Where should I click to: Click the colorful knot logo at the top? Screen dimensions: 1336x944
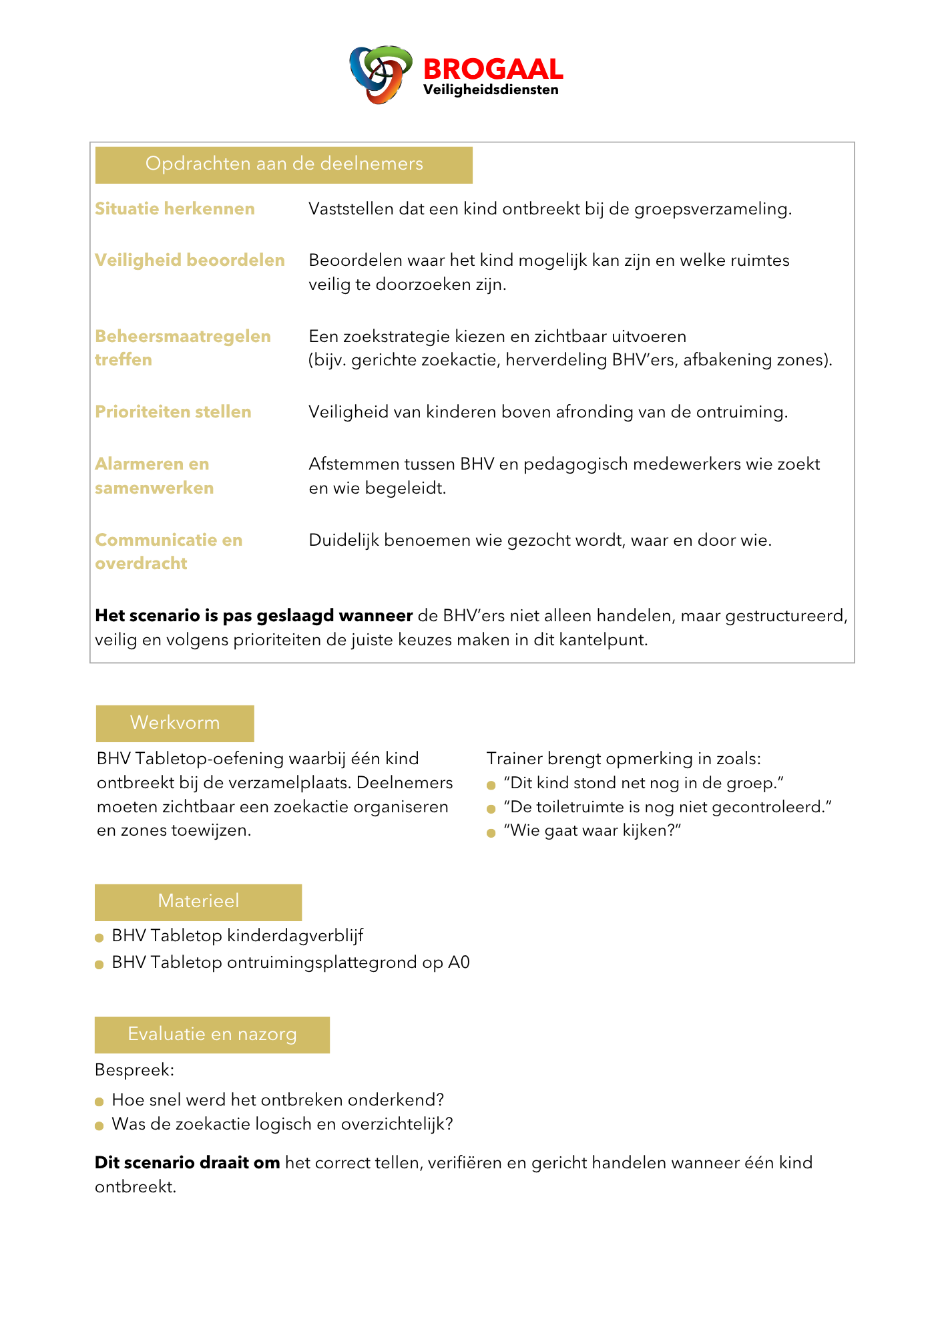380,73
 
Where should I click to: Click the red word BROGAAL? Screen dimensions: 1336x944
493,69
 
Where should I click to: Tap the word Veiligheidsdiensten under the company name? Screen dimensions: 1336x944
491,90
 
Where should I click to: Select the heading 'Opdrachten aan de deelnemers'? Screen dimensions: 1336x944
284,164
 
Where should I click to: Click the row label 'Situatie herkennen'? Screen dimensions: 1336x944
175,209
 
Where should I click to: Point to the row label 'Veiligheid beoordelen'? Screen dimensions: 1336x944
190,261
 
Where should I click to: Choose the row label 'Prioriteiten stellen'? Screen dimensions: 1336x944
173,412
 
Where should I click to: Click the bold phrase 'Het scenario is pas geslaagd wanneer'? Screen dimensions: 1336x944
254,616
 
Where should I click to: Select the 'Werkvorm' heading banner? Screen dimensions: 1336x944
175,723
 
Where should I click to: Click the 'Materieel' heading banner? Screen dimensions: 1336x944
198,902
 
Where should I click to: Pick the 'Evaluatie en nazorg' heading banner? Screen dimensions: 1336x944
212,1035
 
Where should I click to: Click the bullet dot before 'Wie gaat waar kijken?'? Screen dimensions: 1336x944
491,833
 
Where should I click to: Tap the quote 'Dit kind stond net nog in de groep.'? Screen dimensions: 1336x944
644,784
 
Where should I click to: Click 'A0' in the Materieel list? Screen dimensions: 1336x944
459,963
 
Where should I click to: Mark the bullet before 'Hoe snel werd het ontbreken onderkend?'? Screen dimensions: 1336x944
99,1102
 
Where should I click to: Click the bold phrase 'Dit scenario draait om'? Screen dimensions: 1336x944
187,1163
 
